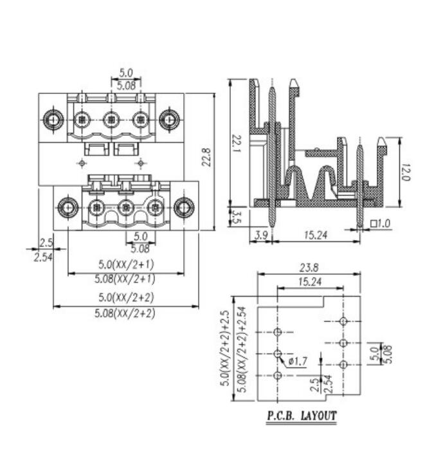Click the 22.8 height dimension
(x=206, y=158)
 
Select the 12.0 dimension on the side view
(x=404, y=171)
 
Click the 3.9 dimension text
(x=260, y=236)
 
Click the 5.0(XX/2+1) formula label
(x=125, y=265)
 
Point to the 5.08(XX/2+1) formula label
(x=125, y=279)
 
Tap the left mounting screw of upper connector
(x=52, y=119)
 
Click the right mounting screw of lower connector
(x=185, y=207)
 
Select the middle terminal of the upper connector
(x=111, y=119)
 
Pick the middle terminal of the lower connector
(x=126, y=207)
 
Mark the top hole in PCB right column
(x=343, y=320)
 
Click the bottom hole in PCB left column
(x=278, y=375)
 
